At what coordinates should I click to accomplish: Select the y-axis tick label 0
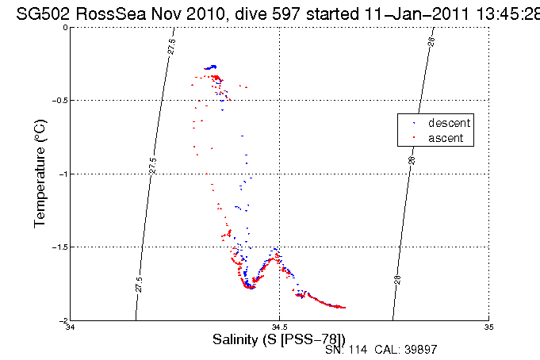[64, 28]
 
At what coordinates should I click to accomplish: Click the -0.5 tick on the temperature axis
[59, 101]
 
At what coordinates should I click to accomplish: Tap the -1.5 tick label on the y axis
[59, 247]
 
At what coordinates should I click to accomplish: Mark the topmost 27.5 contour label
[172, 46]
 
